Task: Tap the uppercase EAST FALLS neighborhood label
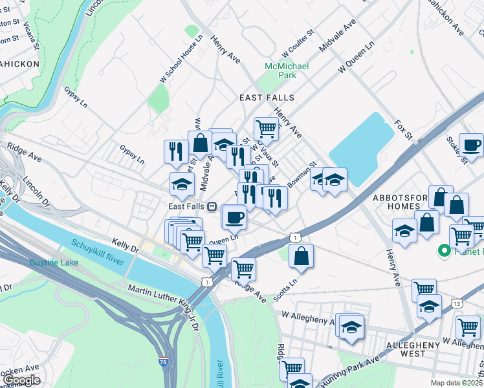tap(267, 98)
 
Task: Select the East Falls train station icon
tap(212, 206)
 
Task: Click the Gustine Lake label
tap(52, 263)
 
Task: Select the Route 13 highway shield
tap(457, 303)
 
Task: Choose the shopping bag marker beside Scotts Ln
tap(302, 255)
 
